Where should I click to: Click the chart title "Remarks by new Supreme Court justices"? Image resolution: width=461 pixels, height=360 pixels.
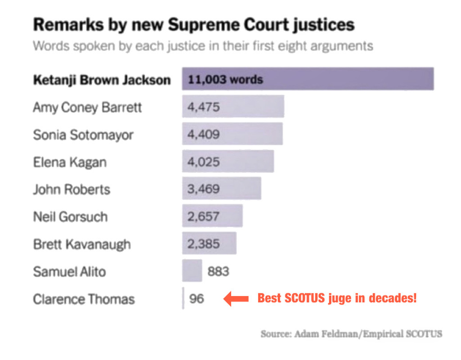coord(194,25)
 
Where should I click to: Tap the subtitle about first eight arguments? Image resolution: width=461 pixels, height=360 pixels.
coord(203,46)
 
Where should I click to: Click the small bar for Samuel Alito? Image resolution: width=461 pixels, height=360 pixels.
coord(192,271)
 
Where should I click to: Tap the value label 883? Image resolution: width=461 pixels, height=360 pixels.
coord(218,272)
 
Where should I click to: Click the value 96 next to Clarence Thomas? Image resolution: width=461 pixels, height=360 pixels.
coord(196,299)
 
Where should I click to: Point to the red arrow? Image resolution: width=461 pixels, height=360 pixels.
coord(236,298)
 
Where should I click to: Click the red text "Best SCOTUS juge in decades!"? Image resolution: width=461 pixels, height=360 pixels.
coord(337,298)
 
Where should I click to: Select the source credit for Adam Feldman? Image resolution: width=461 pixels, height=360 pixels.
coord(351,334)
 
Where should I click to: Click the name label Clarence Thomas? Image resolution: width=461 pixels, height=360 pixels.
coord(84,299)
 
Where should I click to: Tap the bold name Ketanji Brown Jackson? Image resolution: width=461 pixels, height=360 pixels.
coord(102,80)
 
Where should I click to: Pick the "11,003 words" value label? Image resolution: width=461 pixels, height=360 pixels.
coord(225,80)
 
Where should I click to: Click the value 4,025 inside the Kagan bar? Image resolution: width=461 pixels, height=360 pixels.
coord(203,162)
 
